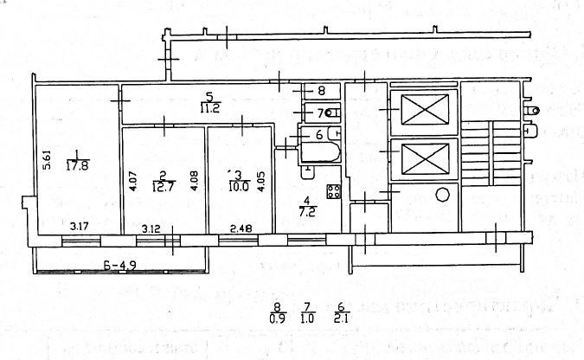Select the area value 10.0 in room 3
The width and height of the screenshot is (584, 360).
[x=237, y=185]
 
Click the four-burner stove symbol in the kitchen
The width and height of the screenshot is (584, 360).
[x=334, y=190]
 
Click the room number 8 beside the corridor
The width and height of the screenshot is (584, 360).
[x=321, y=91]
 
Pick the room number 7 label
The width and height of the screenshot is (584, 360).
[x=319, y=112]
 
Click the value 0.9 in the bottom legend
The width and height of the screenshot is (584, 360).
[x=278, y=318]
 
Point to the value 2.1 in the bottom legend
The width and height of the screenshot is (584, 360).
[x=341, y=318]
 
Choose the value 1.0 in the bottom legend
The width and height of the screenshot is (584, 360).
[x=307, y=318]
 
